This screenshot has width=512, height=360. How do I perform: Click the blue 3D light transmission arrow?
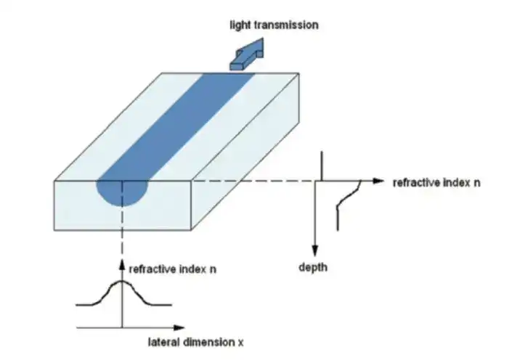tap(246, 55)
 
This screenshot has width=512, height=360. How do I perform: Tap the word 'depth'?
tap(313, 267)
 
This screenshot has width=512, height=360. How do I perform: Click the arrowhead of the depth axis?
tap(314, 250)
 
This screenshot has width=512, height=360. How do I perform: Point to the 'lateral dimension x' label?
tap(196, 343)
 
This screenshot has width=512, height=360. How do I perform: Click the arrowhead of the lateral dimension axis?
tap(179, 327)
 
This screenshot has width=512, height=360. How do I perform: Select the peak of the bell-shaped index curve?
tap(122, 281)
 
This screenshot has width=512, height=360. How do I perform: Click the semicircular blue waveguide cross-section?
tap(122, 193)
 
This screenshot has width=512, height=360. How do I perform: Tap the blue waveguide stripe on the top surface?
tap(176, 126)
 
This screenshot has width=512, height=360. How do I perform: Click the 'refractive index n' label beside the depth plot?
tap(436, 183)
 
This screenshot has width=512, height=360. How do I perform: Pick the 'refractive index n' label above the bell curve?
tap(173, 269)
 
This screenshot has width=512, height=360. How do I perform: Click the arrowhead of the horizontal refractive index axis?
tap(378, 181)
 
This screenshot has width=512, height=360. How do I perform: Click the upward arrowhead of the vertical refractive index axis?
tap(122, 265)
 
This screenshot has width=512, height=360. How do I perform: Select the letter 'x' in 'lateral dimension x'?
tap(240, 343)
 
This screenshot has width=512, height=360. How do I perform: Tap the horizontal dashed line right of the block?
tap(253, 181)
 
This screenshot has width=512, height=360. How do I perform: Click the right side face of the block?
tap(245, 152)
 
